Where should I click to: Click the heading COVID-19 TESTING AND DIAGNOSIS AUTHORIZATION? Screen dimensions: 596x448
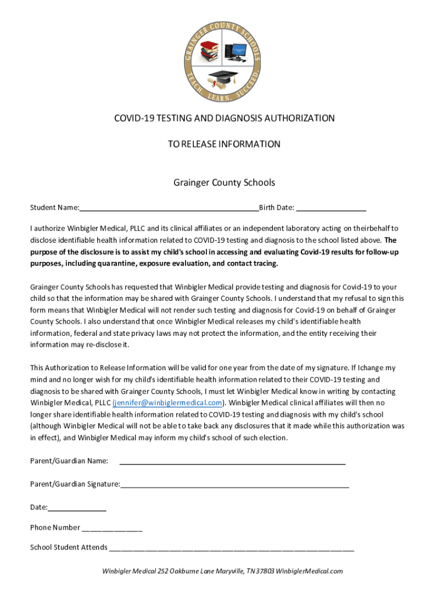click(224, 118)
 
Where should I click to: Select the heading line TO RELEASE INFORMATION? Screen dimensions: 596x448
click(224, 144)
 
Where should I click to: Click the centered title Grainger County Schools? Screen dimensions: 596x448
click(224, 183)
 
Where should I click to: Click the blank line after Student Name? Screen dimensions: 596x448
click(169, 208)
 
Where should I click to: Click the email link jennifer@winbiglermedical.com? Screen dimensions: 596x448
click(168, 403)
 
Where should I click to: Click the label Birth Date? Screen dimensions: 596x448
click(276, 208)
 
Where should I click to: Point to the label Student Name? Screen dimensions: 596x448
click(54, 208)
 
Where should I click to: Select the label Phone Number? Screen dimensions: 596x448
click(55, 527)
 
